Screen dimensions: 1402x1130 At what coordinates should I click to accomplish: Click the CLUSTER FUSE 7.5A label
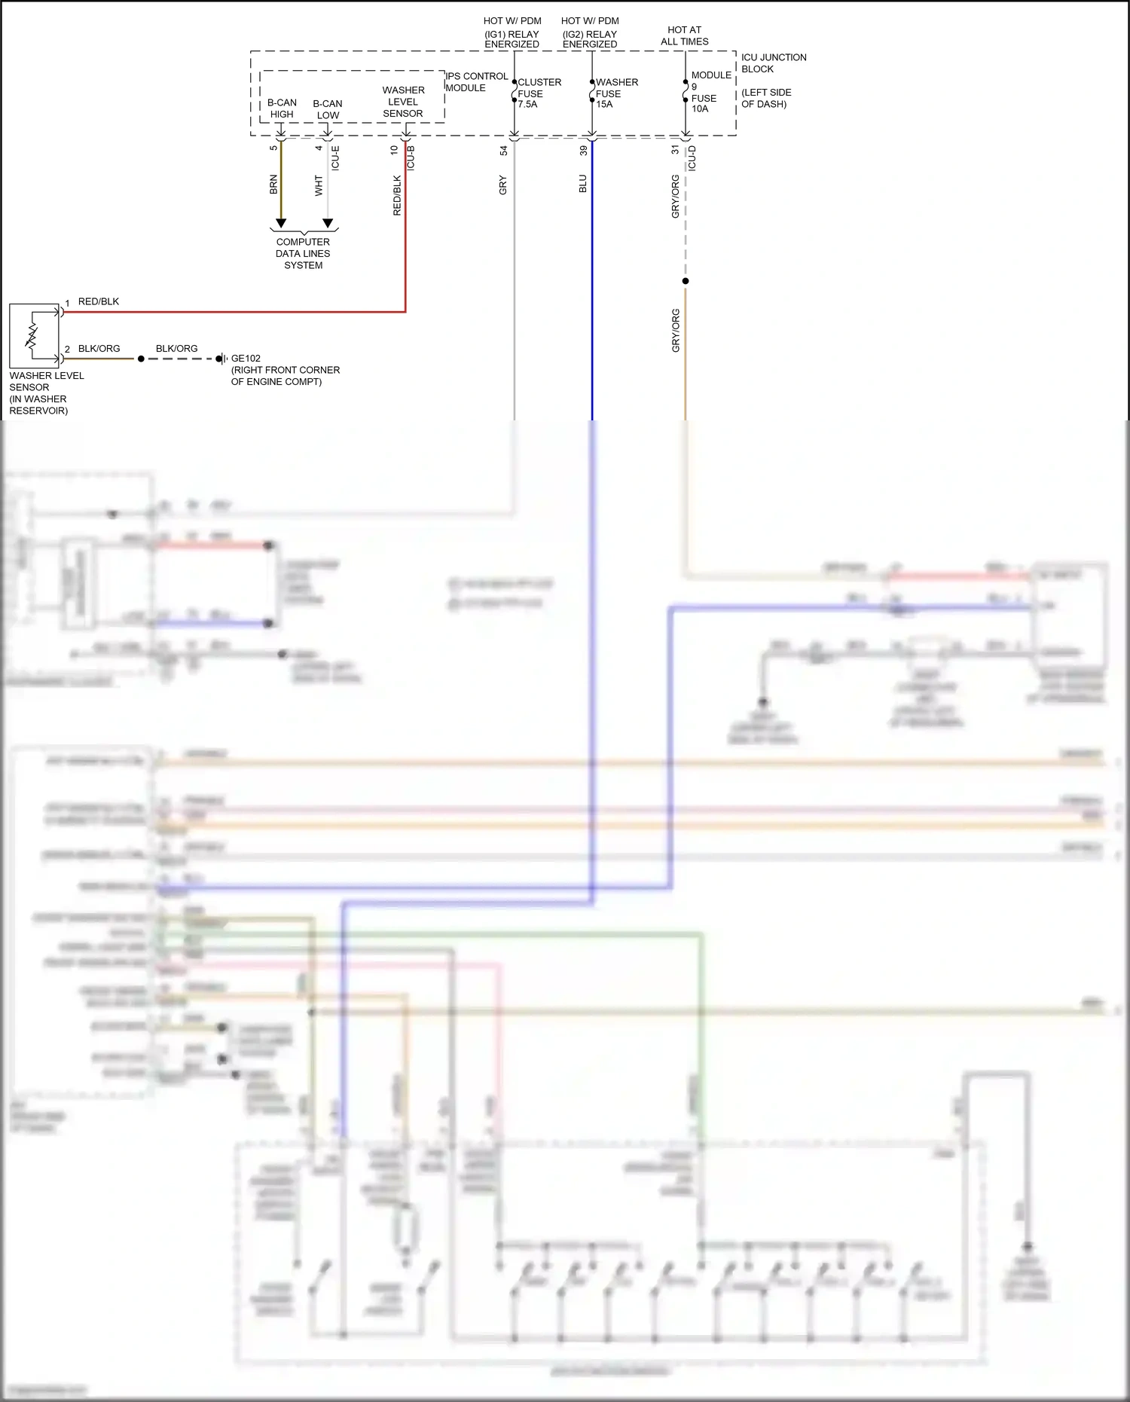coord(538,93)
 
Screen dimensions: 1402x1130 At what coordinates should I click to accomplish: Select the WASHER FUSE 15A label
coord(615,93)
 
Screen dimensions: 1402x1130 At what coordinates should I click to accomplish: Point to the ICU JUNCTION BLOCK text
coord(773,63)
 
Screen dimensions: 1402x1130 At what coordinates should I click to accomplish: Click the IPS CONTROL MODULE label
coord(475,82)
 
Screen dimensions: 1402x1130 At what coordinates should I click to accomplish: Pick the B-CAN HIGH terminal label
coord(282,108)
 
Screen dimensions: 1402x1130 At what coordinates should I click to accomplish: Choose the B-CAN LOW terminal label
coord(328,109)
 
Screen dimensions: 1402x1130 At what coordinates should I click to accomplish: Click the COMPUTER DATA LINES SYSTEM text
coord(303,254)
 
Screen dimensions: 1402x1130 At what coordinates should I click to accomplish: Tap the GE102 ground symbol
coord(221,359)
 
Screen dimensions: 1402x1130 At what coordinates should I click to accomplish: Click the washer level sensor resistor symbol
coord(32,335)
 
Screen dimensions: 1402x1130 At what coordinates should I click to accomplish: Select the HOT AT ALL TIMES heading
coord(684,36)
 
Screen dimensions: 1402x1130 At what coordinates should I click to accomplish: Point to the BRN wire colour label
coord(273,185)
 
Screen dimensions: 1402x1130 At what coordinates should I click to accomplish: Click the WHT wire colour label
coord(319,186)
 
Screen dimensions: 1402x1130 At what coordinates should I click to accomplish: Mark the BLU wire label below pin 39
coord(582,184)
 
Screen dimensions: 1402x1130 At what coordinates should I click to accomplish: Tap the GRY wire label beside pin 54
coord(502,185)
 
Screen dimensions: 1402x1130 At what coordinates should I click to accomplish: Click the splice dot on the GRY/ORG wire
coord(686,281)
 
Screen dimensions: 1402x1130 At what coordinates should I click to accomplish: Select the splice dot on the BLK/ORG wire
coord(141,359)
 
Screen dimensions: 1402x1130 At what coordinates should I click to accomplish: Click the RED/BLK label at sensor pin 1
coord(99,302)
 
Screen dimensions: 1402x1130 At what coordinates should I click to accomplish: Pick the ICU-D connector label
coord(692,158)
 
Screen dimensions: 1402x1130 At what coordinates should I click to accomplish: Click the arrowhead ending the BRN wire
coord(281,224)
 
